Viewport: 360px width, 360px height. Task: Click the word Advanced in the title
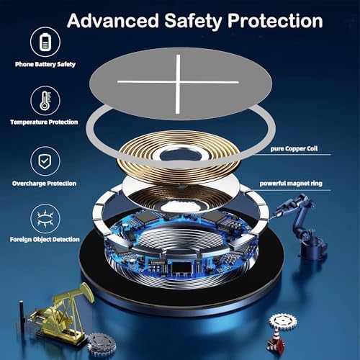pos(113,21)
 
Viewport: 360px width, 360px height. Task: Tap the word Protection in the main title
pos(275,21)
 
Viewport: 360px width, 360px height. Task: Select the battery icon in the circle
pos(45,42)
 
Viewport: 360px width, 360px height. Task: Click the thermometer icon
pos(45,101)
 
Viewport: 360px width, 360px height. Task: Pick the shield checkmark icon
pos(45,161)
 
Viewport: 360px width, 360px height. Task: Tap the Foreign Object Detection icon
pos(45,218)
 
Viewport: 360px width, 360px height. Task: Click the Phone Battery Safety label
pos(45,64)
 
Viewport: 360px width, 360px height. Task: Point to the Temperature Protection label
pos(44,122)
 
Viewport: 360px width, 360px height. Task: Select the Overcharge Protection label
pos(44,184)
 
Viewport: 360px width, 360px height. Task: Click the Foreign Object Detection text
pos(45,239)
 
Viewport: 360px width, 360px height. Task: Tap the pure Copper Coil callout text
pos(294,149)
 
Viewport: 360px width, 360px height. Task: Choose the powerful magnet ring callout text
pos(291,184)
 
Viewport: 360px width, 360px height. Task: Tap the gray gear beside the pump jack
pos(102,344)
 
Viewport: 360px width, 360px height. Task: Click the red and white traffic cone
pos(276,340)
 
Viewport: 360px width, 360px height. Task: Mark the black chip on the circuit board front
pos(181,268)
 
